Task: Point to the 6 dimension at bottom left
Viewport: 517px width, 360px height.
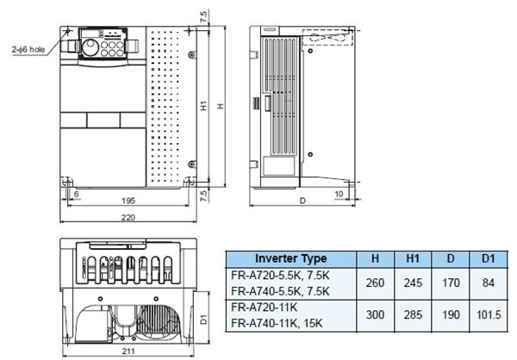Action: (x=77, y=195)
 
